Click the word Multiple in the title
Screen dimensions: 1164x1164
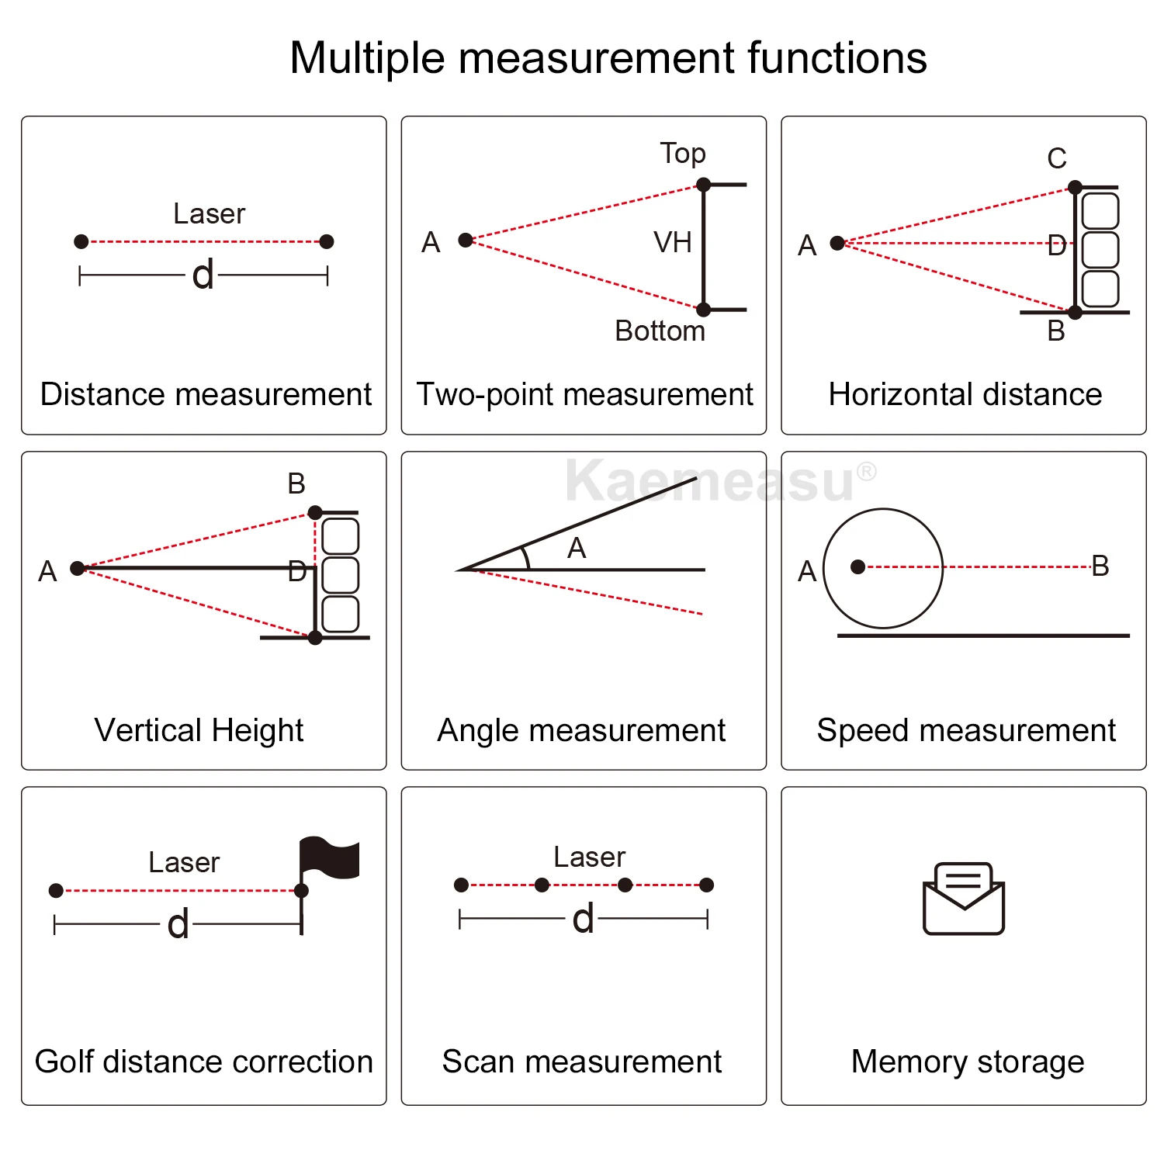(x=367, y=59)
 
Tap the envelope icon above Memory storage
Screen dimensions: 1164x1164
(x=964, y=899)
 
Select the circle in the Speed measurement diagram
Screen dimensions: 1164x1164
(x=883, y=568)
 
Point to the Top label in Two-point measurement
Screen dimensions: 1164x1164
(x=683, y=154)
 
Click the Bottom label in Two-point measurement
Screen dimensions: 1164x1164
(x=660, y=331)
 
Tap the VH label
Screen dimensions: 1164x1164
(x=672, y=243)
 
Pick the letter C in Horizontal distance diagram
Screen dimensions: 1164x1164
(x=1057, y=159)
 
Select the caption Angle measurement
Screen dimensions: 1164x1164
(x=581, y=731)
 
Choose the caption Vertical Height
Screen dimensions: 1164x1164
(x=199, y=731)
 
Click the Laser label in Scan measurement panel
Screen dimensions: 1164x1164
(x=589, y=857)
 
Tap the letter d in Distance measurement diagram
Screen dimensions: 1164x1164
(x=203, y=275)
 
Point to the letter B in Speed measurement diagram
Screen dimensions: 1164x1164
(x=1100, y=566)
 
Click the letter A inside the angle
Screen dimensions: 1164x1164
(x=577, y=549)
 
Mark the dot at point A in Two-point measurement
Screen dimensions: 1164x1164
(x=466, y=241)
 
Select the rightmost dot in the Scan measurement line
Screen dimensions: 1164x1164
(x=706, y=885)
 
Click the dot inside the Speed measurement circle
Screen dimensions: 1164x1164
(x=857, y=567)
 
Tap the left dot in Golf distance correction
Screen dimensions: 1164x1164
(x=56, y=891)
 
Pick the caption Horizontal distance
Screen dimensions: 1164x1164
(x=965, y=395)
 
